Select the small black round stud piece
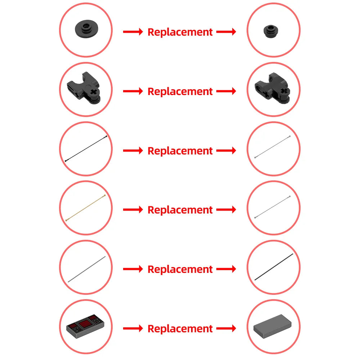[x=271, y=31]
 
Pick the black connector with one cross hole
[x=84, y=88]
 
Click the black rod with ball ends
[x=86, y=149]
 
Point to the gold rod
[x=86, y=208]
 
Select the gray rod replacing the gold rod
[x=273, y=207]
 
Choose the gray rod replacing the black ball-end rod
[x=273, y=147]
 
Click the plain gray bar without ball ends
[x=87, y=269]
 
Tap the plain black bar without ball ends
[x=274, y=267]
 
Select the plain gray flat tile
[x=272, y=326]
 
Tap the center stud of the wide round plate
[x=87, y=27]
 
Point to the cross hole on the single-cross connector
[x=94, y=92]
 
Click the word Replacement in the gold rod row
[x=180, y=210]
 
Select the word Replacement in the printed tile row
[x=180, y=329]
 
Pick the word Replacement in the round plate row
[x=180, y=32]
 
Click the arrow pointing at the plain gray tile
[x=226, y=328]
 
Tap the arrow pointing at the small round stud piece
[x=226, y=32]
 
